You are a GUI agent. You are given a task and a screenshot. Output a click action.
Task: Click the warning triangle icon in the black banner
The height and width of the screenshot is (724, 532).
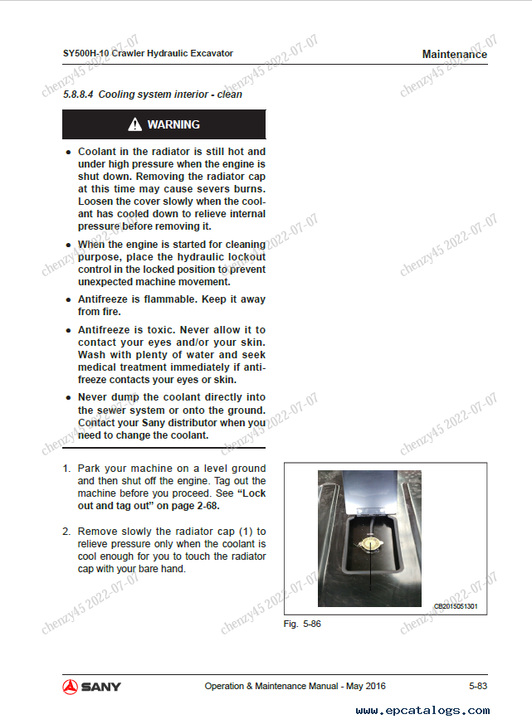coord(135,124)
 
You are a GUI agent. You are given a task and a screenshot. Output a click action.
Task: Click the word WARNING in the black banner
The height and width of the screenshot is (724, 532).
coord(173,124)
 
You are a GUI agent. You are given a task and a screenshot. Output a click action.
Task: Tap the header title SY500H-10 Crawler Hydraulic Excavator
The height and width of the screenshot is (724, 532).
coord(148,54)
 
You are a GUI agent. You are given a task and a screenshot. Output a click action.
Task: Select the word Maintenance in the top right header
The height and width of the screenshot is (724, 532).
coord(454,55)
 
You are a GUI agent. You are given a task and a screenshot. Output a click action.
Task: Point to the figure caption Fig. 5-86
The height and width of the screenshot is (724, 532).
coord(302,624)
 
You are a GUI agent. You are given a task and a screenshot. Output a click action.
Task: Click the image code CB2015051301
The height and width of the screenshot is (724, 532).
coord(456,607)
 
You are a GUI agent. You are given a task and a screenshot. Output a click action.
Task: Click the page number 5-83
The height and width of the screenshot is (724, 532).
coord(477,687)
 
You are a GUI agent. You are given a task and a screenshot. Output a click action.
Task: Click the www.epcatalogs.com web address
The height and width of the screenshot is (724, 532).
coord(422,711)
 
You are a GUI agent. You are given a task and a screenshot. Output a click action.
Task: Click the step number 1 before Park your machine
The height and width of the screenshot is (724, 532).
coord(66,469)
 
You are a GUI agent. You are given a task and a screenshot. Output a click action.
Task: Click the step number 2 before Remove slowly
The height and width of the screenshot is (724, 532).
coord(66,532)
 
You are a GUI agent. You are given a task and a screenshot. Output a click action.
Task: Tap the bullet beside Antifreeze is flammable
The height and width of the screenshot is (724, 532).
coord(68,300)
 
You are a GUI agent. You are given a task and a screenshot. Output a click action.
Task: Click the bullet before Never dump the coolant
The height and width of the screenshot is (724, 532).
coord(68,398)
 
